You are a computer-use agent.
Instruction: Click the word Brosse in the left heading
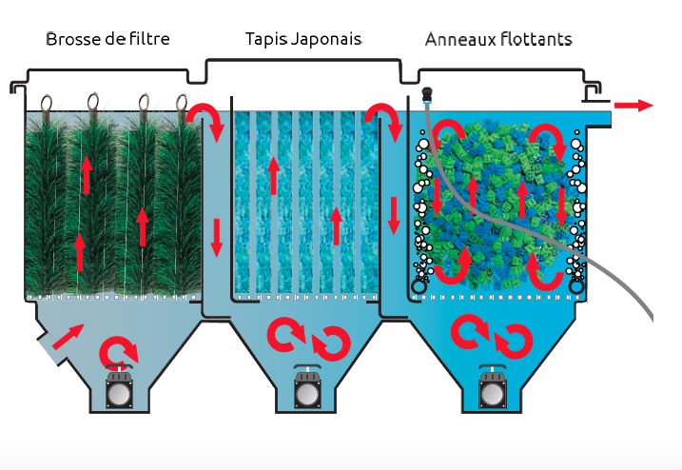67,40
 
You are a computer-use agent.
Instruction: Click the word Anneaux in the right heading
457,40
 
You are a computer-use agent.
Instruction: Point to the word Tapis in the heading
264,40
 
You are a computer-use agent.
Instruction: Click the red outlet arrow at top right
633,105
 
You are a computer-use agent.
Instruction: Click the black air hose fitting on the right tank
427,96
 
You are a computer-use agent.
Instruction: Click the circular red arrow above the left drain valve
119,351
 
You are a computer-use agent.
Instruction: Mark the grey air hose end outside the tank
649,314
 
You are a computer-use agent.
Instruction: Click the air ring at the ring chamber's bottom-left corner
419,285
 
